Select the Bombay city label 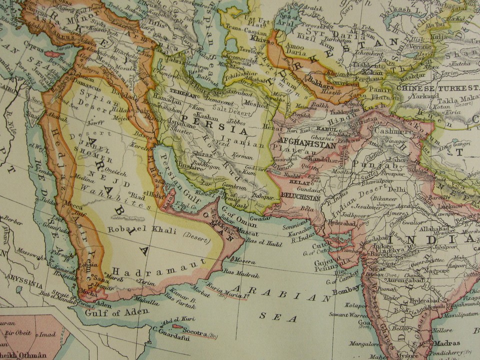(x=346, y=289)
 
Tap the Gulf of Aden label (x=116, y=312)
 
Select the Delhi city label (x=396, y=189)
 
